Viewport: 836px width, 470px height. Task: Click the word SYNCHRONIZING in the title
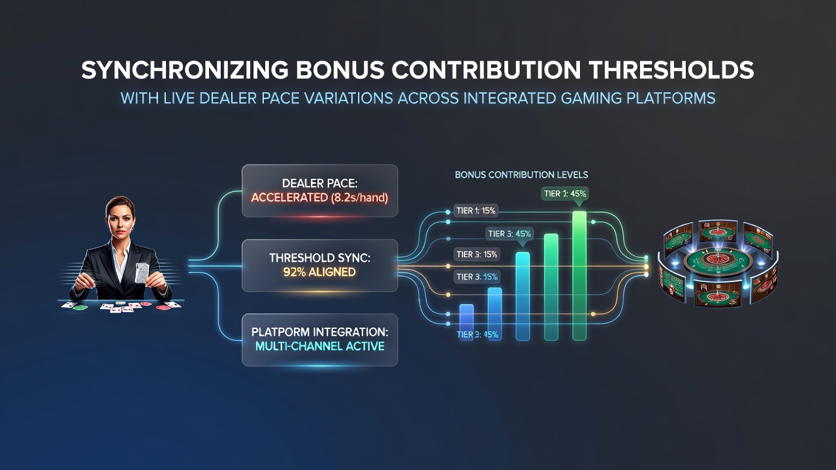click(185, 70)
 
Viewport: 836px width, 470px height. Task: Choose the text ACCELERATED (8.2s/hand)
click(320, 198)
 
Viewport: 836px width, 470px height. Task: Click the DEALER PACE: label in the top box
click(320, 183)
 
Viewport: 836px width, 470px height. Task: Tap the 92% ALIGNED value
click(319, 272)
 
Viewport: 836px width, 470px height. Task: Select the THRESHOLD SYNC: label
click(320, 258)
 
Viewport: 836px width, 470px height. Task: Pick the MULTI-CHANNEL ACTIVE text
click(320, 346)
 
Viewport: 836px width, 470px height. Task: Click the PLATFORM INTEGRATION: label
click(320, 332)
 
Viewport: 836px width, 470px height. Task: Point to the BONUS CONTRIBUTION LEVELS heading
click(521, 174)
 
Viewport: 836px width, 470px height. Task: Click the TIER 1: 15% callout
click(476, 211)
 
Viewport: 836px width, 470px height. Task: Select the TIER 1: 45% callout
click(565, 194)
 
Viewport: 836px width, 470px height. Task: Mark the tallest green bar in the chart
click(579, 275)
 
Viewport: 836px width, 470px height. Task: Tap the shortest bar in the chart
click(466, 322)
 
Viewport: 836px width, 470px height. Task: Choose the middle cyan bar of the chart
click(522, 296)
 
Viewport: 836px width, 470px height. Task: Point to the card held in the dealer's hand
click(142, 273)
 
